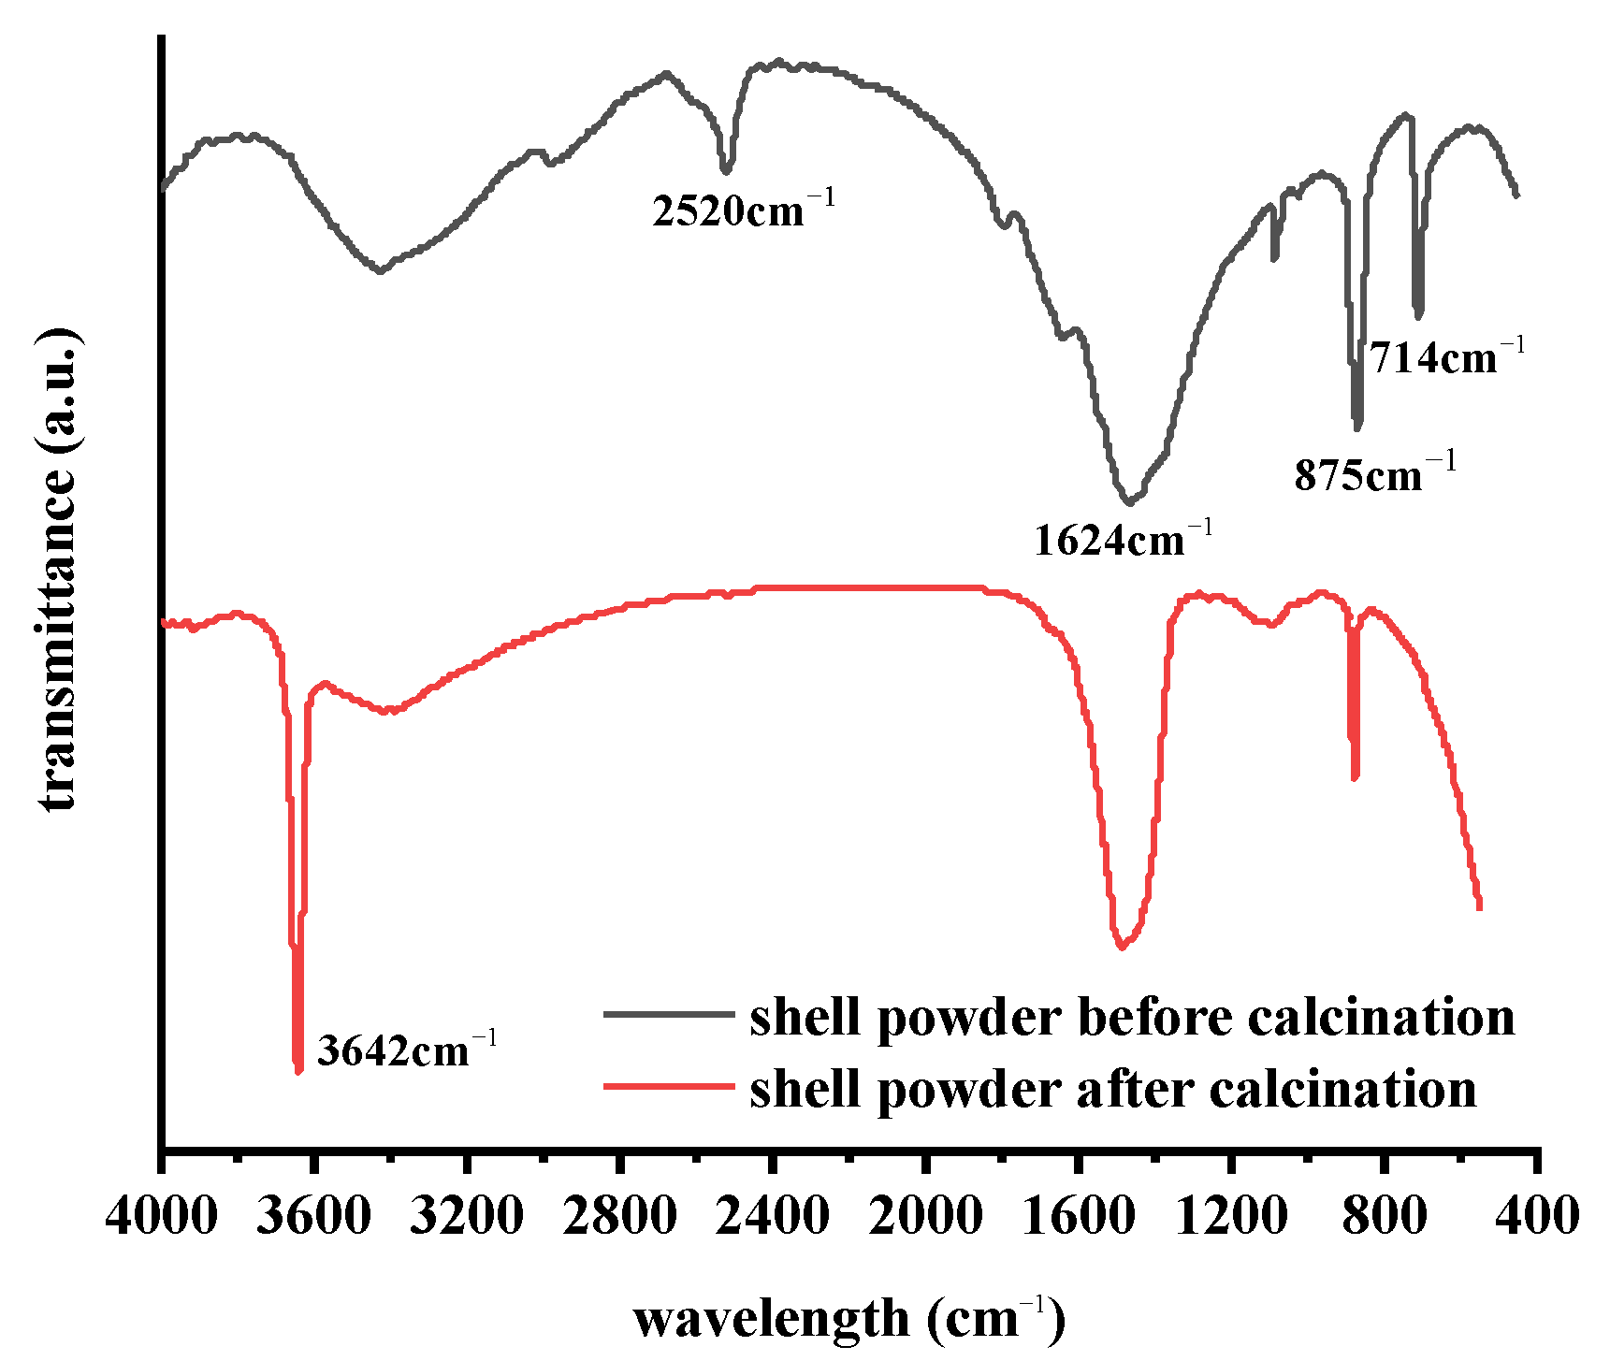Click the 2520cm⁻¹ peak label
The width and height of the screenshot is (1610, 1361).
[742, 210]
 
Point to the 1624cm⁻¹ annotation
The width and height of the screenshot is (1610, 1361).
[1123, 540]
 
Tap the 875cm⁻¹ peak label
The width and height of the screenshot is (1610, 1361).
[1374, 475]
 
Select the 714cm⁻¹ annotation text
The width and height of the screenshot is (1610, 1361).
[1446, 356]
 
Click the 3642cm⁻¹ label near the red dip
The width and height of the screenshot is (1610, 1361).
[406, 1050]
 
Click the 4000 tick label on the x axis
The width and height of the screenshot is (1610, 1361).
[162, 1217]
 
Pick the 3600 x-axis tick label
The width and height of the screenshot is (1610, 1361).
[314, 1217]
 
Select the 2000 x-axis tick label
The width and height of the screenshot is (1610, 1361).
[924, 1217]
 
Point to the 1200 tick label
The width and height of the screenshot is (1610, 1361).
[1230, 1217]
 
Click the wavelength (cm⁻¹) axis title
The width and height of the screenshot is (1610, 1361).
[849, 1319]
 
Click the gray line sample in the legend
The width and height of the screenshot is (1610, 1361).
[668, 1014]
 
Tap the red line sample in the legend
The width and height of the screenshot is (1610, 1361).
[668, 1087]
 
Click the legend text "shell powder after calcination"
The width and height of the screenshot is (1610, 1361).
[1112, 1089]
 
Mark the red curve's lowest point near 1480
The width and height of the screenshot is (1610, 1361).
[1121, 948]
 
